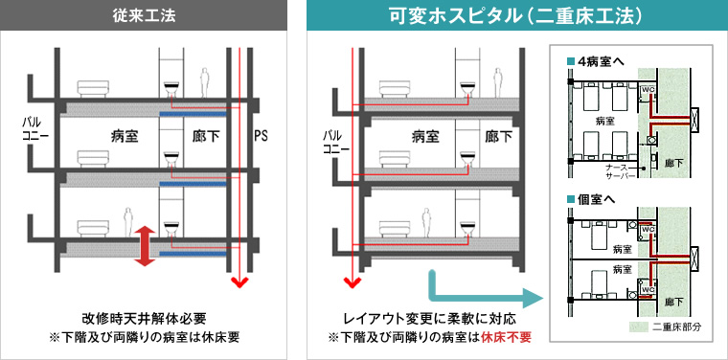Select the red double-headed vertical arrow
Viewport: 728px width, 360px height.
146,245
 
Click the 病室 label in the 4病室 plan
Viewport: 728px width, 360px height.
604,122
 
